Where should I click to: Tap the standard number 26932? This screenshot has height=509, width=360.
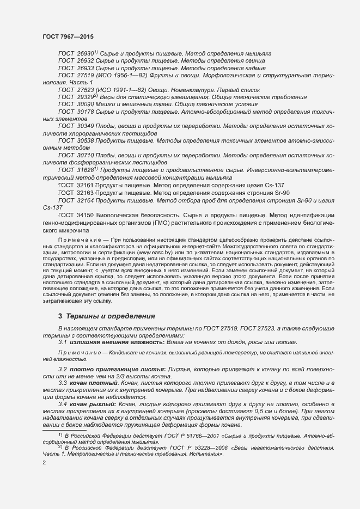86,62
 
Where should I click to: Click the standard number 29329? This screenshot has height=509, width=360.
86,97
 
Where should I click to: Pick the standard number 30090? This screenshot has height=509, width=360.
86,104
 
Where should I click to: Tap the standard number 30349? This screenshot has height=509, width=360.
86,126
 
